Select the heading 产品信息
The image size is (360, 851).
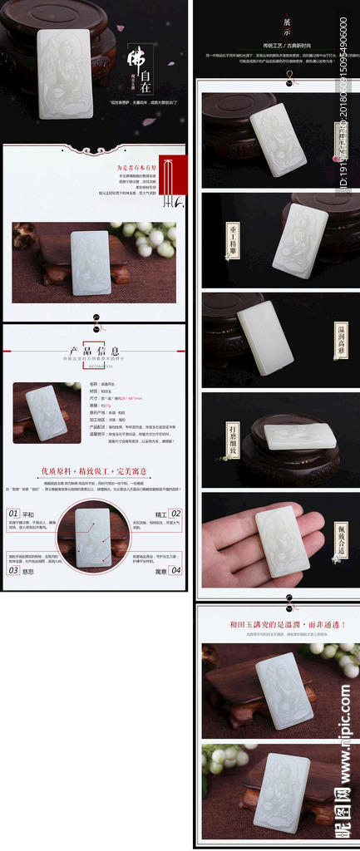(x=94, y=351)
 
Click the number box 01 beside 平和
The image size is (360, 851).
(x=13, y=514)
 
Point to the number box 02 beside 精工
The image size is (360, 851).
(x=175, y=514)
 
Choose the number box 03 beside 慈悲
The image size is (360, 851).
(x=13, y=570)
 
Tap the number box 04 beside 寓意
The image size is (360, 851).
(x=175, y=570)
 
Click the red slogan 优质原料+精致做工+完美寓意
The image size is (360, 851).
(x=95, y=471)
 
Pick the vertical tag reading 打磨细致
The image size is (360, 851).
(x=222, y=437)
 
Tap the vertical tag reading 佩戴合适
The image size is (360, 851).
(x=342, y=539)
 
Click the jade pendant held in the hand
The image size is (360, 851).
(x=282, y=539)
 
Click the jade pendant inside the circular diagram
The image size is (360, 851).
(x=93, y=538)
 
